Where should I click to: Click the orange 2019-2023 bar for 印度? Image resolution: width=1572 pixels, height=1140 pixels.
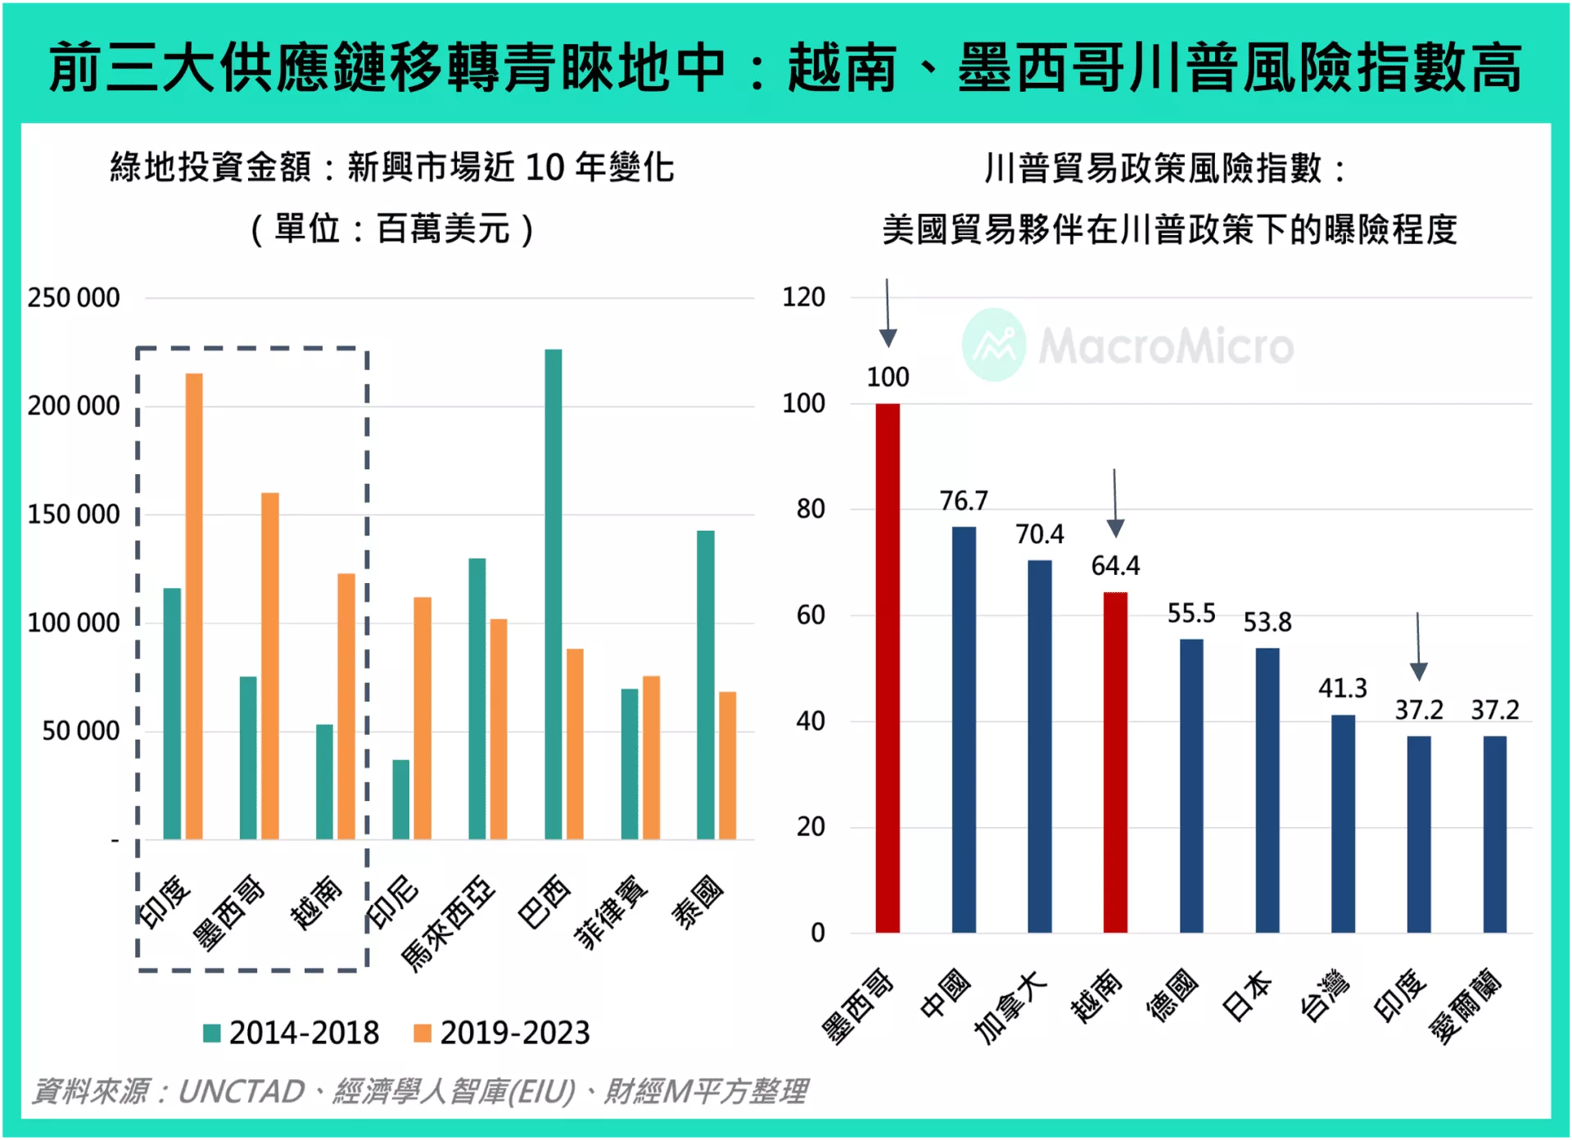click(194, 606)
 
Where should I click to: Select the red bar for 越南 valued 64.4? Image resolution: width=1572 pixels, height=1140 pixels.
click(1115, 762)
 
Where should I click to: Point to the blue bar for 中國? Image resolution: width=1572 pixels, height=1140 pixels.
click(964, 729)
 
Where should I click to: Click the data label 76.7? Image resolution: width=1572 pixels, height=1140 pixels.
click(964, 500)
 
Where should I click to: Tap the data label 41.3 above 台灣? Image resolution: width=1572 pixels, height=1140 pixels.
click(1342, 688)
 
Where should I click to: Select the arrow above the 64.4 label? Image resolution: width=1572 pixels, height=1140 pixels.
click(1115, 504)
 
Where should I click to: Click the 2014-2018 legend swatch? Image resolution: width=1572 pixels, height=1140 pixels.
click(212, 1034)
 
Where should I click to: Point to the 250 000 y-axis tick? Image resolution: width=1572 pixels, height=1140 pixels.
click(74, 298)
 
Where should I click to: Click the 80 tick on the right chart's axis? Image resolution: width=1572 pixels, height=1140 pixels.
click(811, 509)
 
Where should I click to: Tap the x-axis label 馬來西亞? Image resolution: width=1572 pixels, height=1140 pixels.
click(449, 924)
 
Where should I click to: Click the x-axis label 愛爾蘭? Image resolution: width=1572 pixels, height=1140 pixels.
click(1466, 1006)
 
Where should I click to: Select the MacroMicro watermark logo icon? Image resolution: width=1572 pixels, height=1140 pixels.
click(993, 345)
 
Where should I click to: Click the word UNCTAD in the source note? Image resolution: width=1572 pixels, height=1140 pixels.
click(241, 1092)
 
